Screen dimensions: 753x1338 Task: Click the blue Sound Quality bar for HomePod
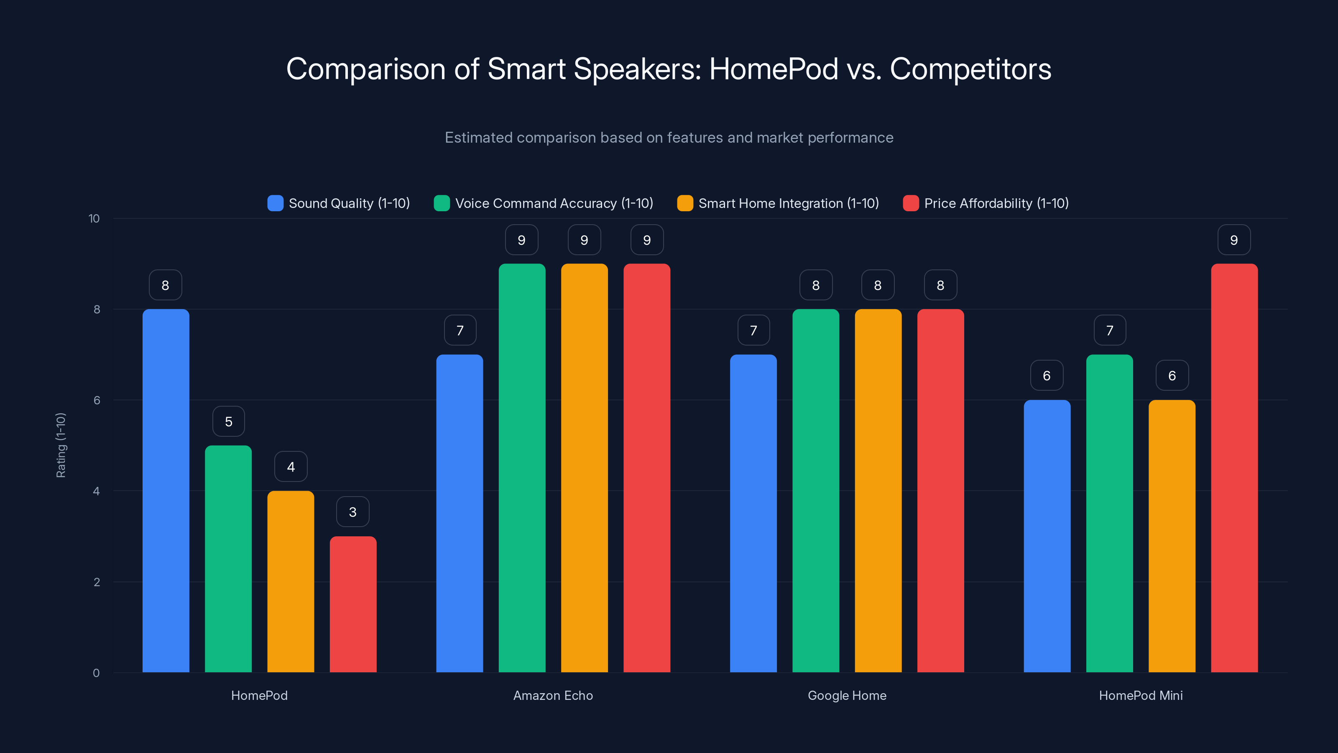click(x=166, y=491)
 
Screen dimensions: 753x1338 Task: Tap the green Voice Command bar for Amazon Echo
click(x=522, y=468)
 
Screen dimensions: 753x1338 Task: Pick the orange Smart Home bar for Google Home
click(x=878, y=491)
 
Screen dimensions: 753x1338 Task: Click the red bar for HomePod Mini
click(x=1234, y=468)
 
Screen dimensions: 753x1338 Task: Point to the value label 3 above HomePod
click(x=352, y=512)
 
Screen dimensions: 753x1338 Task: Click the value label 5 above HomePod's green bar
click(x=229, y=421)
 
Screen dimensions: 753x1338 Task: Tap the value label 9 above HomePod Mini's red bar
click(x=1234, y=240)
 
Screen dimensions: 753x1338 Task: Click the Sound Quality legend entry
click(x=339, y=203)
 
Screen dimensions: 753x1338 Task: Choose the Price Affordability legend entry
click(x=986, y=203)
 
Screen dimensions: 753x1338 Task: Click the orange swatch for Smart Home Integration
click(x=685, y=203)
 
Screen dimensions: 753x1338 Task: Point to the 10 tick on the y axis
click(x=94, y=218)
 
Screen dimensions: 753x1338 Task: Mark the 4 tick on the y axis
click(x=96, y=491)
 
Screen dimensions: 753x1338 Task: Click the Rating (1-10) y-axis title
click(x=61, y=446)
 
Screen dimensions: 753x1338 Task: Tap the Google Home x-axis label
click(x=847, y=695)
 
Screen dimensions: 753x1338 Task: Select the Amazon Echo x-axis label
click(x=553, y=695)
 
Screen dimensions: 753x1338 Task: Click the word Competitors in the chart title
click(x=970, y=69)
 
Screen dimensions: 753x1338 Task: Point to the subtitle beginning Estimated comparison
click(x=669, y=138)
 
